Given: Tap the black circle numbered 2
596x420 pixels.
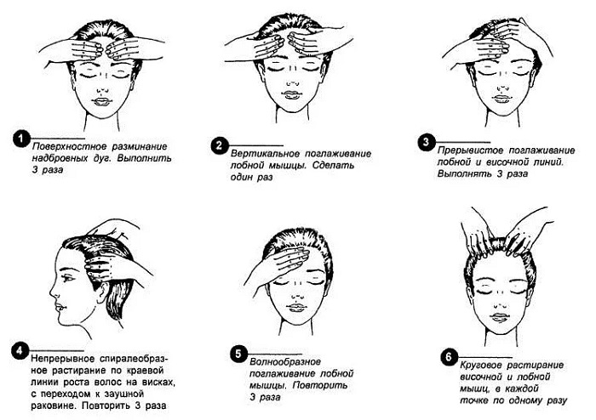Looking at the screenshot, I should tap(218, 144).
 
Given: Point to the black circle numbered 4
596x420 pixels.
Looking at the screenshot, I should tap(21, 349).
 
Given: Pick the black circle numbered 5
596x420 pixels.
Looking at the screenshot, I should tap(238, 353).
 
